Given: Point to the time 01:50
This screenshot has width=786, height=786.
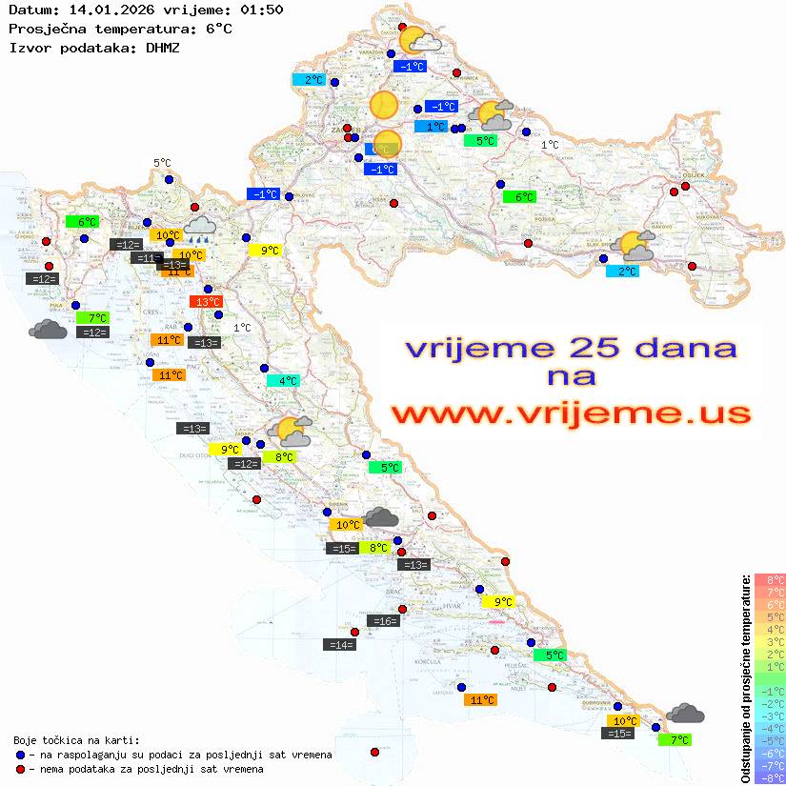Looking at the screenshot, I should click(x=262, y=10).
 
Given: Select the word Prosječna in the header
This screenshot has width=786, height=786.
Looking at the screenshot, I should click(x=48, y=29).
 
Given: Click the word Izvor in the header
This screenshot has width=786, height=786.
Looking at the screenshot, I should click(x=30, y=48).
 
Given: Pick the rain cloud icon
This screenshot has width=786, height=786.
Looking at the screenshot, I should click(x=199, y=226).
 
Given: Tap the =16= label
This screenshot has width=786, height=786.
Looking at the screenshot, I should click(x=382, y=621).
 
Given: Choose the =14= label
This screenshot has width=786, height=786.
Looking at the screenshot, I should click(x=340, y=645).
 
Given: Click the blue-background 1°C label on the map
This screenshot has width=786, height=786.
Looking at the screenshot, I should click(x=432, y=127).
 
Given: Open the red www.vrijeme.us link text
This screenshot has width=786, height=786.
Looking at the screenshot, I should click(x=571, y=413).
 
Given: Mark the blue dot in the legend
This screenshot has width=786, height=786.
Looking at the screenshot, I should click(x=20, y=755).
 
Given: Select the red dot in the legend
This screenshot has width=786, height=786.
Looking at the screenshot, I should click(x=20, y=769).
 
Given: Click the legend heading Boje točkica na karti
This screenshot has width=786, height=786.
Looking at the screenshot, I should click(x=76, y=740).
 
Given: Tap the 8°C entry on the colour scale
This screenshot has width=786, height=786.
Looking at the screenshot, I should click(x=770, y=580).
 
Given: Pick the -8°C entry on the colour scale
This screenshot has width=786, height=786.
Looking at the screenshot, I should click(x=770, y=777).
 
